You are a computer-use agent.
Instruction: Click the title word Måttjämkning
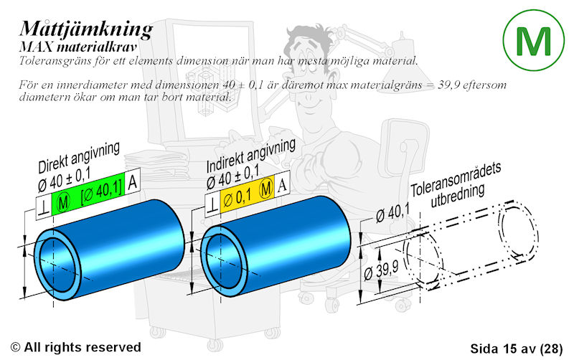pyautogui.click(x=86, y=29)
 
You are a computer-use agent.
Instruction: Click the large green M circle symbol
pyautogui.click(x=533, y=40)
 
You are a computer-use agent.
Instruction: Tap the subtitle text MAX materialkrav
pyautogui.click(x=78, y=47)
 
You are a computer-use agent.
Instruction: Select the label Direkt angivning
pyautogui.click(x=79, y=157)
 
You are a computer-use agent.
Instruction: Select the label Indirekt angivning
pyautogui.click(x=251, y=156)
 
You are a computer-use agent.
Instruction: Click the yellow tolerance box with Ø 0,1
pyautogui.click(x=247, y=194)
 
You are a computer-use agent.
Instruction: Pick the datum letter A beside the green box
pyautogui.click(x=133, y=182)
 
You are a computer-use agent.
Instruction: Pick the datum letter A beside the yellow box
pyautogui.click(x=282, y=185)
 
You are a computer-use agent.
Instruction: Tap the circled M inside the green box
pyautogui.click(x=64, y=202)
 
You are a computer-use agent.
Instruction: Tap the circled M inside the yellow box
pyautogui.click(x=266, y=189)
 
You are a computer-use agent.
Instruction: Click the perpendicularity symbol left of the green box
pyautogui.click(x=44, y=209)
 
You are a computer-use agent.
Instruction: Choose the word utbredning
pyautogui.click(x=458, y=196)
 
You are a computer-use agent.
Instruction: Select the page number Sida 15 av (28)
pyautogui.click(x=516, y=349)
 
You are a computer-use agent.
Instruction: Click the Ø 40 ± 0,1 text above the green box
pyautogui.click(x=64, y=181)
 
